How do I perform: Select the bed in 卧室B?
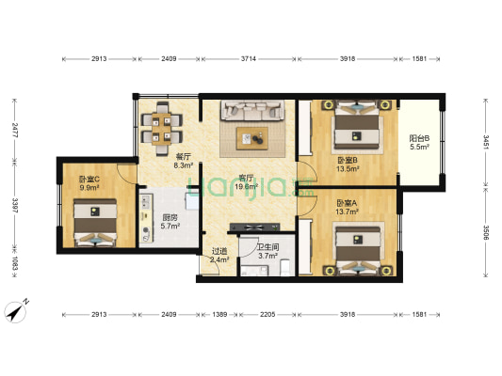point(357,127)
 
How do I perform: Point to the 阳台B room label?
point(419,139)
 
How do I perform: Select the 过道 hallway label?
point(218,250)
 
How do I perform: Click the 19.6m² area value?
point(246,186)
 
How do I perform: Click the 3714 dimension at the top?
point(248,60)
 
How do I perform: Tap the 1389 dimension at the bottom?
point(218,313)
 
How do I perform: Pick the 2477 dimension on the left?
point(14,126)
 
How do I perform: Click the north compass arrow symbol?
point(16,310)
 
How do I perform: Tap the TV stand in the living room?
point(250,227)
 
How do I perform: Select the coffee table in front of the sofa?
point(252,138)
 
